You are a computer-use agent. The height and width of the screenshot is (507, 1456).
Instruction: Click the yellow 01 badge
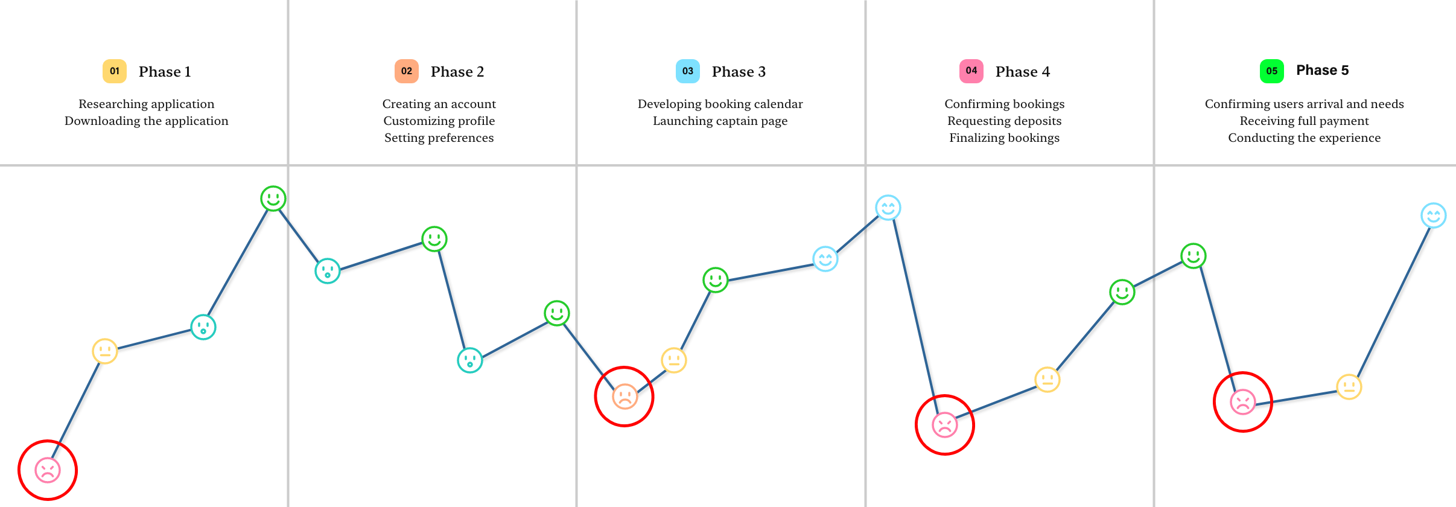point(115,71)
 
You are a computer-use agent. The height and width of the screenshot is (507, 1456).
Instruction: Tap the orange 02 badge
point(407,71)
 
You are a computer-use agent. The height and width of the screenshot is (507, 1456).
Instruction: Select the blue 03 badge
point(688,71)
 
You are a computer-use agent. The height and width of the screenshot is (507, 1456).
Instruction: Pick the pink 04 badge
point(971,71)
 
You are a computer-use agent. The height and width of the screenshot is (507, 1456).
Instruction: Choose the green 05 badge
point(1272,71)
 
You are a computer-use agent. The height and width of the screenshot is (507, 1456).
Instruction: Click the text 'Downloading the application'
point(147,121)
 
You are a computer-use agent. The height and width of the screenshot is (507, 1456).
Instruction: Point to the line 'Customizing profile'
point(439,121)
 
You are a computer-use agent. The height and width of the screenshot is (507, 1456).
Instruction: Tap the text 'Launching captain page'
point(720,121)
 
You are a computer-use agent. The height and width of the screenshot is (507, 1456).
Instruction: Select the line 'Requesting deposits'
point(1004,121)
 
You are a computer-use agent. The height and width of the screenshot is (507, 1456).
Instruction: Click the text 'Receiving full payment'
point(1304,121)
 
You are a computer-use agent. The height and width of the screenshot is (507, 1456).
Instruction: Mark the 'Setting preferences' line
point(439,138)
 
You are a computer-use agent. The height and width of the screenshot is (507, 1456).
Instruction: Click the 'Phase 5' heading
point(1322,70)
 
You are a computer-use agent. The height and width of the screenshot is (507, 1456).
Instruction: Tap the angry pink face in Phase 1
point(48,470)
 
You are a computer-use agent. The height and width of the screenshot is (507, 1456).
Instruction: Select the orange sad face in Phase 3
point(625,397)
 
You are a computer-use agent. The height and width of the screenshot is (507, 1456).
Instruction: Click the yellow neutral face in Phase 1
point(105,351)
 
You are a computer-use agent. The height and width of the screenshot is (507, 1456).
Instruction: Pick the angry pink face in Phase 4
point(945,425)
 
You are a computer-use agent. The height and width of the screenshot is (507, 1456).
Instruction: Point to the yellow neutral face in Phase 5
point(1349,387)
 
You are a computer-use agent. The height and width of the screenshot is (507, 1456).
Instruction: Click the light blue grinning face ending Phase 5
point(1434,215)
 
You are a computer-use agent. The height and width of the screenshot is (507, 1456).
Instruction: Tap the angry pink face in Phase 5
point(1243,402)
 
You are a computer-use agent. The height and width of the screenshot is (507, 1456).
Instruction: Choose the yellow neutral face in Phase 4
point(1047,380)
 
